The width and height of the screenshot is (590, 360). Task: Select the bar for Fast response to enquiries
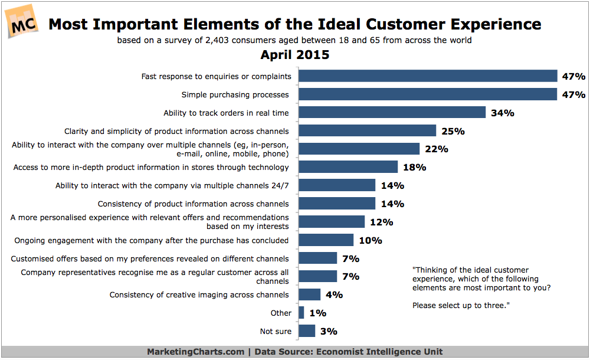[428, 76]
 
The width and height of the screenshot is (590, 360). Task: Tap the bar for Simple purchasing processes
[428, 94]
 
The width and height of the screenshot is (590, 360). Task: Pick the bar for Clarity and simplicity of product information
[367, 131]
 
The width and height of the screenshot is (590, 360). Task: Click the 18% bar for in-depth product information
[348, 168]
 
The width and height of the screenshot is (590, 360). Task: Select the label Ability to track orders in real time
[226, 113]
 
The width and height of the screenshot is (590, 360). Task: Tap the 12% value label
[381, 222]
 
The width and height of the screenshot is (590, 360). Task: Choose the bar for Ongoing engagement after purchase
[326, 240]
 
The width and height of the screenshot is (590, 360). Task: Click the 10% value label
[370, 240]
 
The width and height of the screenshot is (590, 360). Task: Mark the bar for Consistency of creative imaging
[309, 294]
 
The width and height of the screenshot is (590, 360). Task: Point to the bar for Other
[301, 313]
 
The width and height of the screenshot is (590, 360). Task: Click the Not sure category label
[275, 331]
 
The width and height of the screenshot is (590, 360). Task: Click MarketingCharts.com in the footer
[195, 352]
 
